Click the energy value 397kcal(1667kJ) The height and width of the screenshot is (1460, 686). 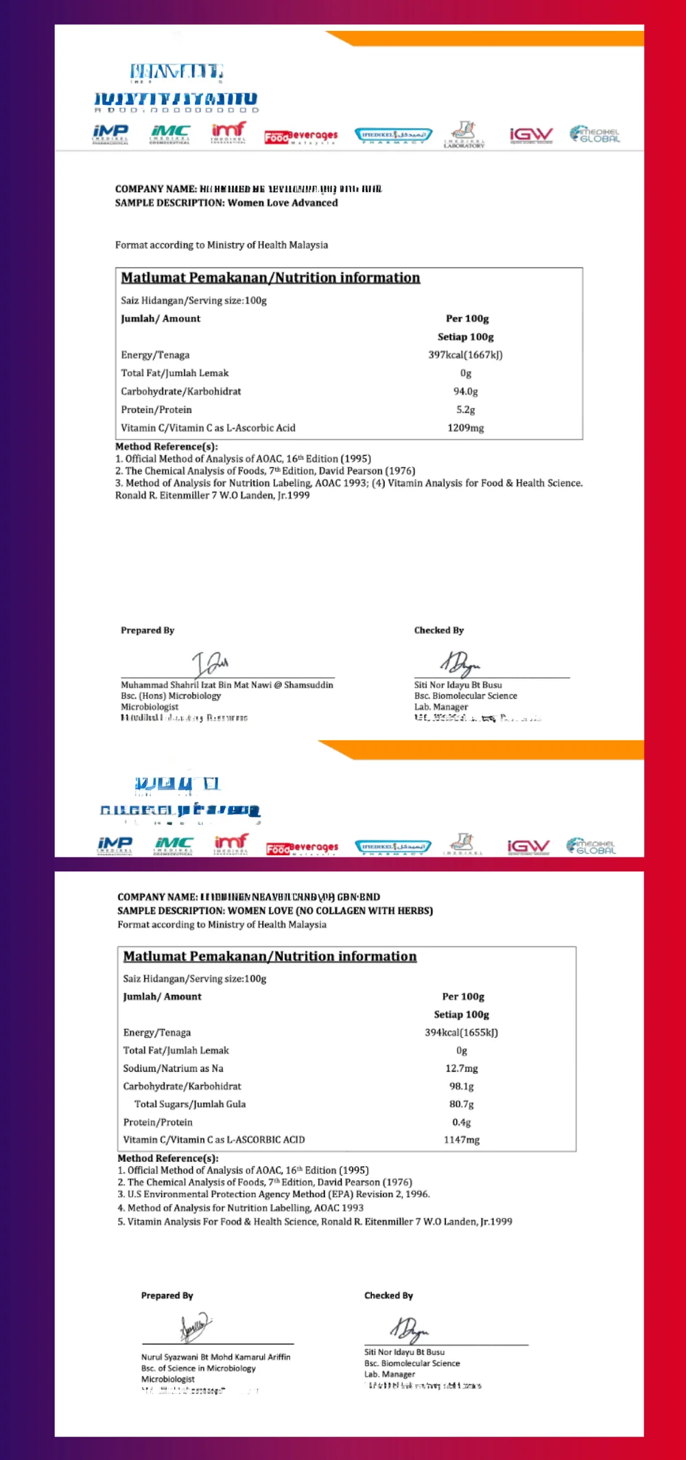pyautogui.click(x=465, y=355)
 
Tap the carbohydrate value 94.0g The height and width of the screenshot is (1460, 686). pyautogui.click(x=465, y=391)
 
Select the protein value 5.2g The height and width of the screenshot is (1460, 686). pyautogui.click(x=465, y=410)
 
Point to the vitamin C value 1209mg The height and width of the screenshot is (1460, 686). pyautogui.click(x=465, y=428)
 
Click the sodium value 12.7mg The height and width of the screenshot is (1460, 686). pyautogui.click(x=461, y=1068)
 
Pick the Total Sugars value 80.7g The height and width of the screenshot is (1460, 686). pyautogui.click(x=461, y=1104)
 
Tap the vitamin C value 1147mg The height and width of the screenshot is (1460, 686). pyautogui.click(x=461, y=1139)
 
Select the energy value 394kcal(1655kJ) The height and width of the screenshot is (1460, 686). pyautogui.click(x=461, y=1032)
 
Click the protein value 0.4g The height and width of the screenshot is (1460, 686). pyautogui.click(x=461, y=1122)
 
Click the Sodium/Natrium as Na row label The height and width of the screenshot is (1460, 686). pyautogui.click(x=173, y=1068)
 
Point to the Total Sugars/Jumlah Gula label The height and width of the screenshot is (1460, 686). pyautogui.click(x=189, y=1104)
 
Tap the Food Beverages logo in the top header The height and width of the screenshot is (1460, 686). pyautogui.click(x=300, y=136)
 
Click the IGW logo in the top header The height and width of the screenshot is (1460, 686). pyautogui.click(x=530, y=135)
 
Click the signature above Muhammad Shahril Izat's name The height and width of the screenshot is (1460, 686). pyautogui.click(x=210, y=663)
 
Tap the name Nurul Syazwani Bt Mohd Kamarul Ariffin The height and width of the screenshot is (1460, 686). pyautogui.click(x=215, y=1357)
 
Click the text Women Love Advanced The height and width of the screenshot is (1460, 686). pyautogui.click(x=282, y=202)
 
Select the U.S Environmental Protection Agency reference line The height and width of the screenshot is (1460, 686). pyautogui.click(x=274, y=1194)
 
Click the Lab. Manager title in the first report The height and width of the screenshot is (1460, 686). pyautogui.click(x=440, y=706)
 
